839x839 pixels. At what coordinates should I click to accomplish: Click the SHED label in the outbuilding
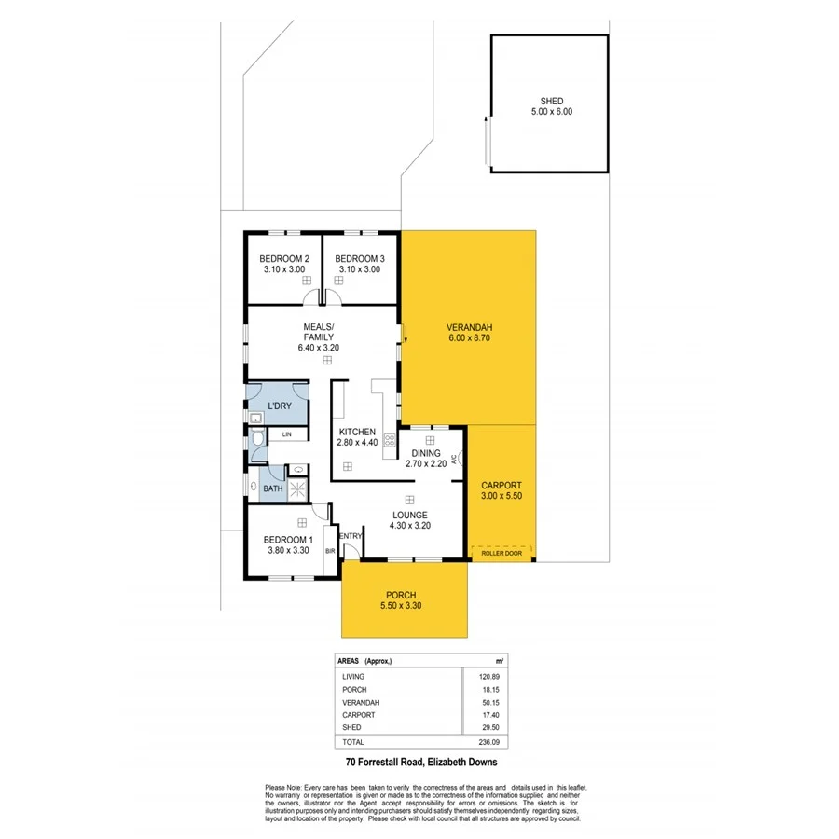[x=551, y=101]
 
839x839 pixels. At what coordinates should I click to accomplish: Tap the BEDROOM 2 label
[x=284, y=258]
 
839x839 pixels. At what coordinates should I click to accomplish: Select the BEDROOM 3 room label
[x=360, y=258]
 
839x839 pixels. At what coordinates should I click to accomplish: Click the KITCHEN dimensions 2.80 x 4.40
[x=357, y=443]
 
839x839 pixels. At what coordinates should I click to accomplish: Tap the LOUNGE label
[x=409, y=515]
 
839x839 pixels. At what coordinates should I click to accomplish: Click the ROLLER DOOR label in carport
[x=501, y=553]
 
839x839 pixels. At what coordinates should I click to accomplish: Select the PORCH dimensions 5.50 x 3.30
[x=403, y=607]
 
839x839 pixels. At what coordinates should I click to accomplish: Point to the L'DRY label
[x=280, y=406]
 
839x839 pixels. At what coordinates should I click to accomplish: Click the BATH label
[x=272, y=488]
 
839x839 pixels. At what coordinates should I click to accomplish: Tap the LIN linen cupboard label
[x=287, y=435]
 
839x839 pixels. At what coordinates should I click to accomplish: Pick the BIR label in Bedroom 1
[x=329, y=551]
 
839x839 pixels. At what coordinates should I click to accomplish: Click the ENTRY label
[x=351, y=536]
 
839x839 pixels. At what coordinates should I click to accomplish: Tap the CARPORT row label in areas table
[x=359, y=714]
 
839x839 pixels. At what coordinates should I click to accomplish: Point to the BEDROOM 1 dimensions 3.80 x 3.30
[x=287, y=550]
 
